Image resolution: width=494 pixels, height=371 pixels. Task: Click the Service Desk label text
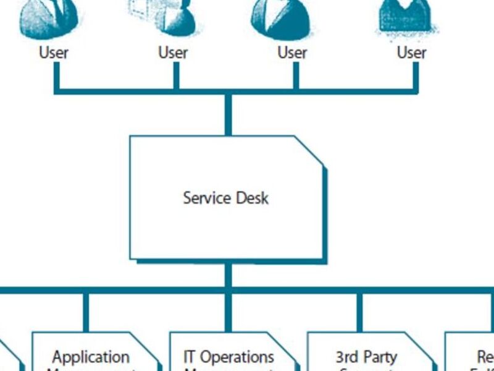point(225,198)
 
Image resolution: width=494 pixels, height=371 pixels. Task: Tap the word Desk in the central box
point(253,198)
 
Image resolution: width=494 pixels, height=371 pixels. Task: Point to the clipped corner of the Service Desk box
point(309,151)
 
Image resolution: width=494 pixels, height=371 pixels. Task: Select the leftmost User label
point(54,53)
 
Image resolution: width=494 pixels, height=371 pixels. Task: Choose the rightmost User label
point(411,53)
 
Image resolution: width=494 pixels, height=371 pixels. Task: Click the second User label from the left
point(173,53)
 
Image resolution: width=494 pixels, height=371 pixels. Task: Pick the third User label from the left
point(292,53)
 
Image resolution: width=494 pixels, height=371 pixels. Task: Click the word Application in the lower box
point(91,357)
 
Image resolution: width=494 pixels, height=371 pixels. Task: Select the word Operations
point(237,357)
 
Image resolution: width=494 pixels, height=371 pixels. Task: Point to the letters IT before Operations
point(190,357)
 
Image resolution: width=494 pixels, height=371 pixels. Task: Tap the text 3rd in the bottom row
point(346,357)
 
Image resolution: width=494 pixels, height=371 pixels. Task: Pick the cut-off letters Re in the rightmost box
point(485,357)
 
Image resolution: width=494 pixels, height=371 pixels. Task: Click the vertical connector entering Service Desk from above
point(228,114)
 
